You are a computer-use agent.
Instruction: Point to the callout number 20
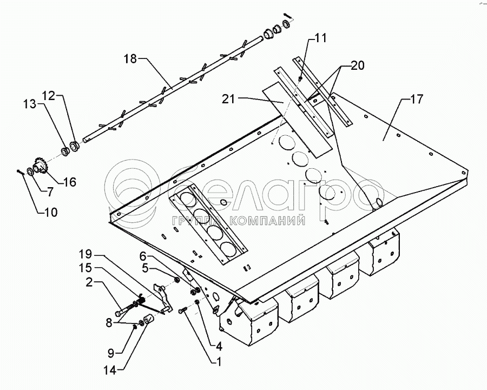coord(357,65)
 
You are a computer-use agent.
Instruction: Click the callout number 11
coord(320,38)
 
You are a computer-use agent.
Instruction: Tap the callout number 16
coord(69,182)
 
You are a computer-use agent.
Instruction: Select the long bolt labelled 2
coord(127,309)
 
